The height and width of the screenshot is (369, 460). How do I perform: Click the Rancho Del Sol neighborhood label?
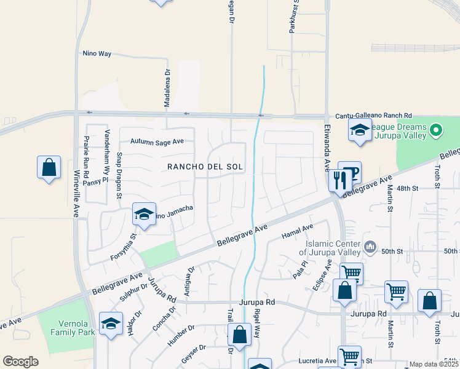[x=205, y=167]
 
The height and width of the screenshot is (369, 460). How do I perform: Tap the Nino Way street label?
[x=97, y=54]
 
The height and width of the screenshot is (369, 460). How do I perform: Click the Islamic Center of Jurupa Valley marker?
[x=370, y=247]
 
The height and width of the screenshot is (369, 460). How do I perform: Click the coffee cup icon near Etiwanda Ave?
[x=351, y=173]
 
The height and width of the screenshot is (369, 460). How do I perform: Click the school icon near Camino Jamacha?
[x=143, y=215]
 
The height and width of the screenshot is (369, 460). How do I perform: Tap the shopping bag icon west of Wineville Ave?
[x=49, y=167]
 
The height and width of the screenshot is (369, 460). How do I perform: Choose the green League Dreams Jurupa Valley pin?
[x=436, y=130]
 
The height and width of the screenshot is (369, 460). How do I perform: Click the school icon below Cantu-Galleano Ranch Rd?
[x=360, y=130]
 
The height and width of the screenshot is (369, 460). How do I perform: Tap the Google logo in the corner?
[x=21, y=362]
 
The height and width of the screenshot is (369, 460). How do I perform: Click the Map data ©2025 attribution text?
[x=434, y=364]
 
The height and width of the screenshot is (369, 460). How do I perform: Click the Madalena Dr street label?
[x=167, y=90]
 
